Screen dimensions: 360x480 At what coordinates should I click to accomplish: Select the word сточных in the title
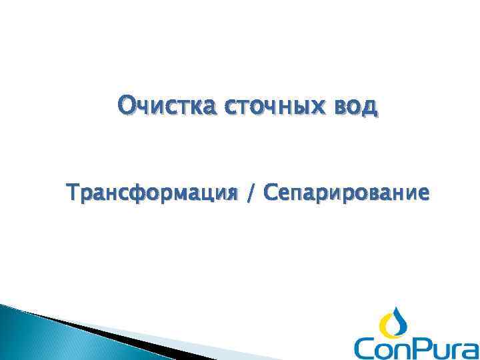click(261, 106)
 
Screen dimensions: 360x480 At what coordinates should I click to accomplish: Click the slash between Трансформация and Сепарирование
click(250, 194)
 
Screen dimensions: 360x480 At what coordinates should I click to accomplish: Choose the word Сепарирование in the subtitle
click(347, 194)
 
